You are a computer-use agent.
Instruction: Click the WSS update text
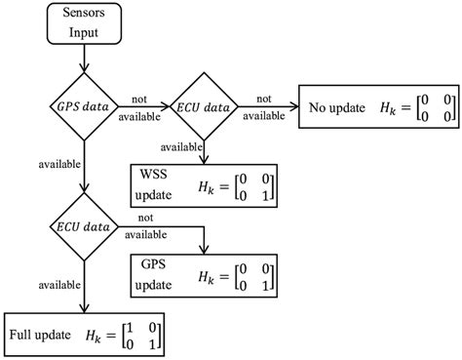coord(155,183)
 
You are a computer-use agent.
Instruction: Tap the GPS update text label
coord(155,272)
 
